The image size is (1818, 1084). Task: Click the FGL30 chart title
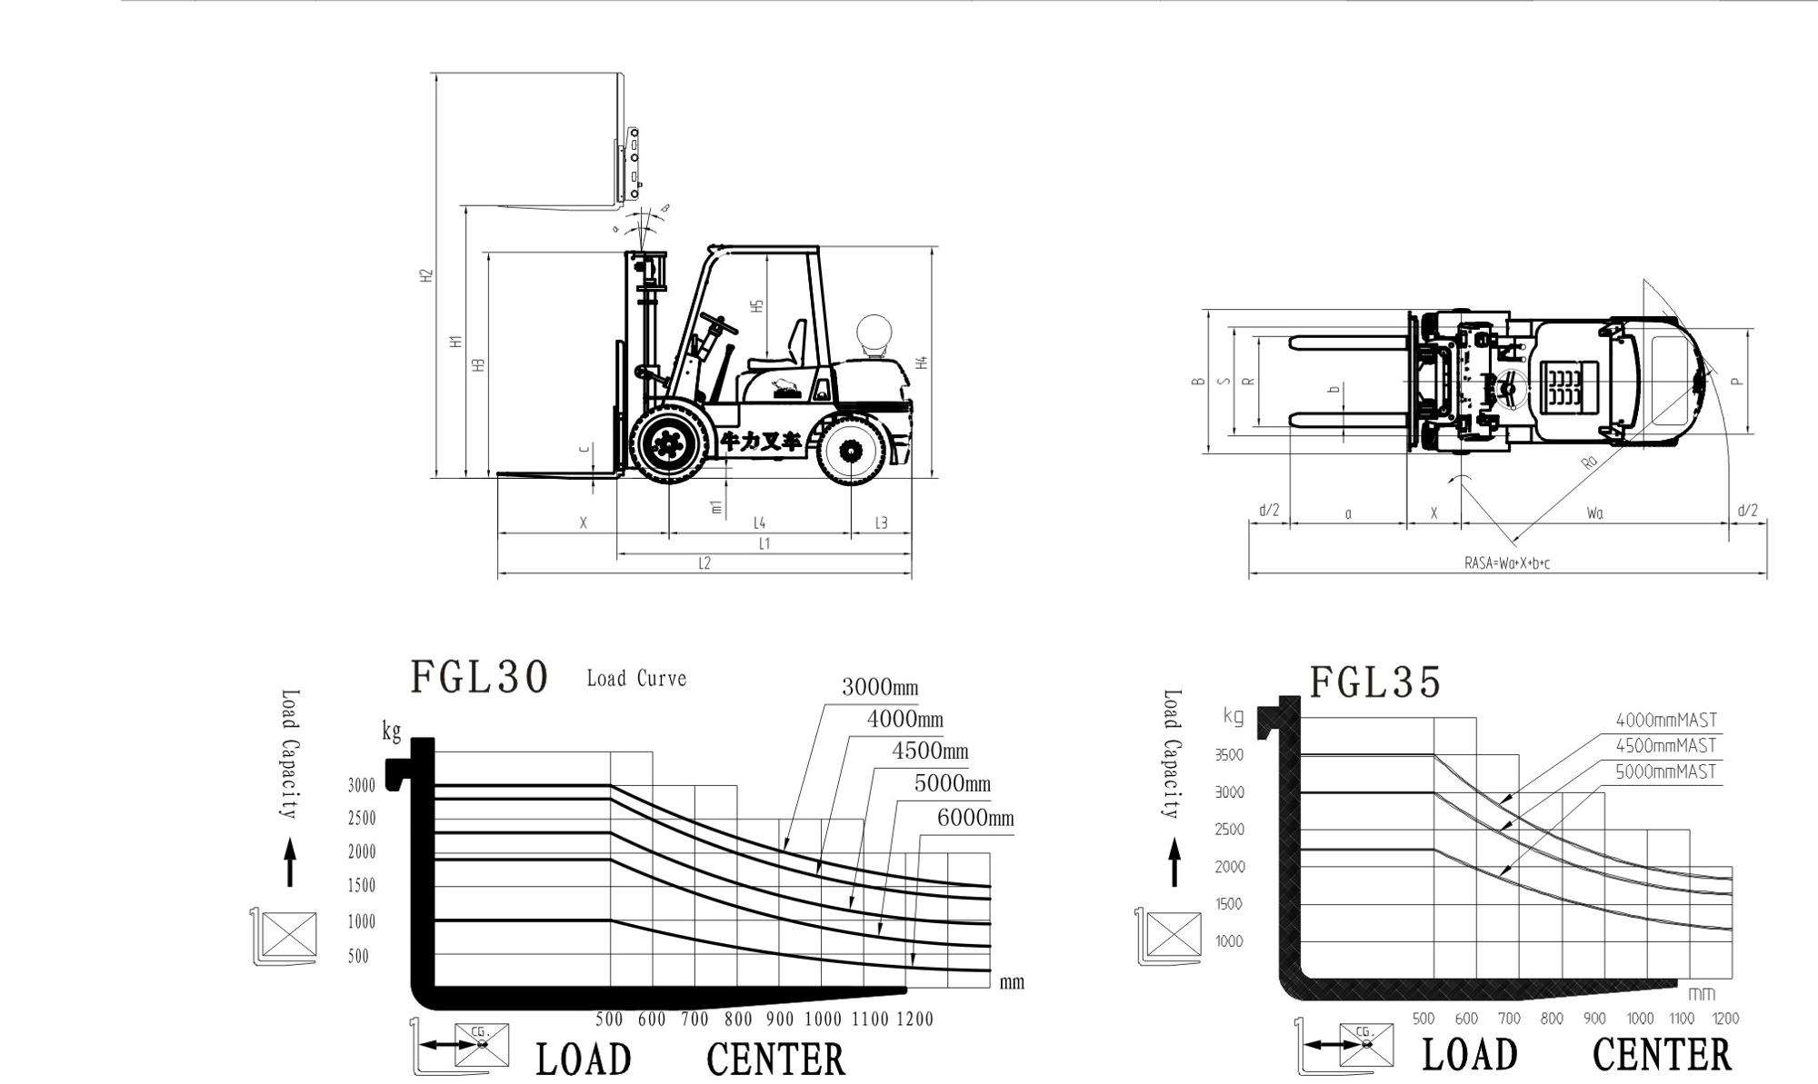pos(479,677)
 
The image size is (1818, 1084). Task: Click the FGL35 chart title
pos(1375,681)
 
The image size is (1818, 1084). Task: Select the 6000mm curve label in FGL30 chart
pos(974,818)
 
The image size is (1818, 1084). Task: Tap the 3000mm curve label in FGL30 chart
pos(879,687)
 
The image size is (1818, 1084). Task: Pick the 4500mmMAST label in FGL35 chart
pos(1665,746)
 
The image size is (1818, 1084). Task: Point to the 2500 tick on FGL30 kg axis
pos(361,819)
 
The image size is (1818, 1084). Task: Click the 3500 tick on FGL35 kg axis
pos(1229,755)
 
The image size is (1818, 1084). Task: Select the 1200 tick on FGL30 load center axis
pos(914,1019)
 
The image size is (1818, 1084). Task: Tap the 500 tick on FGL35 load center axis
pos(1423,1019)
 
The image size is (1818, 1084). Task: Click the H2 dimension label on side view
pos(426,275)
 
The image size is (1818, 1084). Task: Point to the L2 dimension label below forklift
pos(704,563)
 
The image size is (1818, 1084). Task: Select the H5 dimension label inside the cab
pos(756,307)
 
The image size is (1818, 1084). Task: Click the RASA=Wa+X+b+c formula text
pos(1506,563)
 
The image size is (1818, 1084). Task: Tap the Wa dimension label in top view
pos(1594,513)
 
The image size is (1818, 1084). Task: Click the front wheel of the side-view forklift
pos(671,444)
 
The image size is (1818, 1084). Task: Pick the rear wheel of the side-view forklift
pos(852,450)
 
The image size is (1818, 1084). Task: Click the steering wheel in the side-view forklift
pos(718,323)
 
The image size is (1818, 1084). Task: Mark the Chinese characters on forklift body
pos(762,442)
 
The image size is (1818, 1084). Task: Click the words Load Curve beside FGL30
pos(636,679)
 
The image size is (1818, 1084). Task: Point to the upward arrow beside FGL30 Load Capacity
pos(290,861)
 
